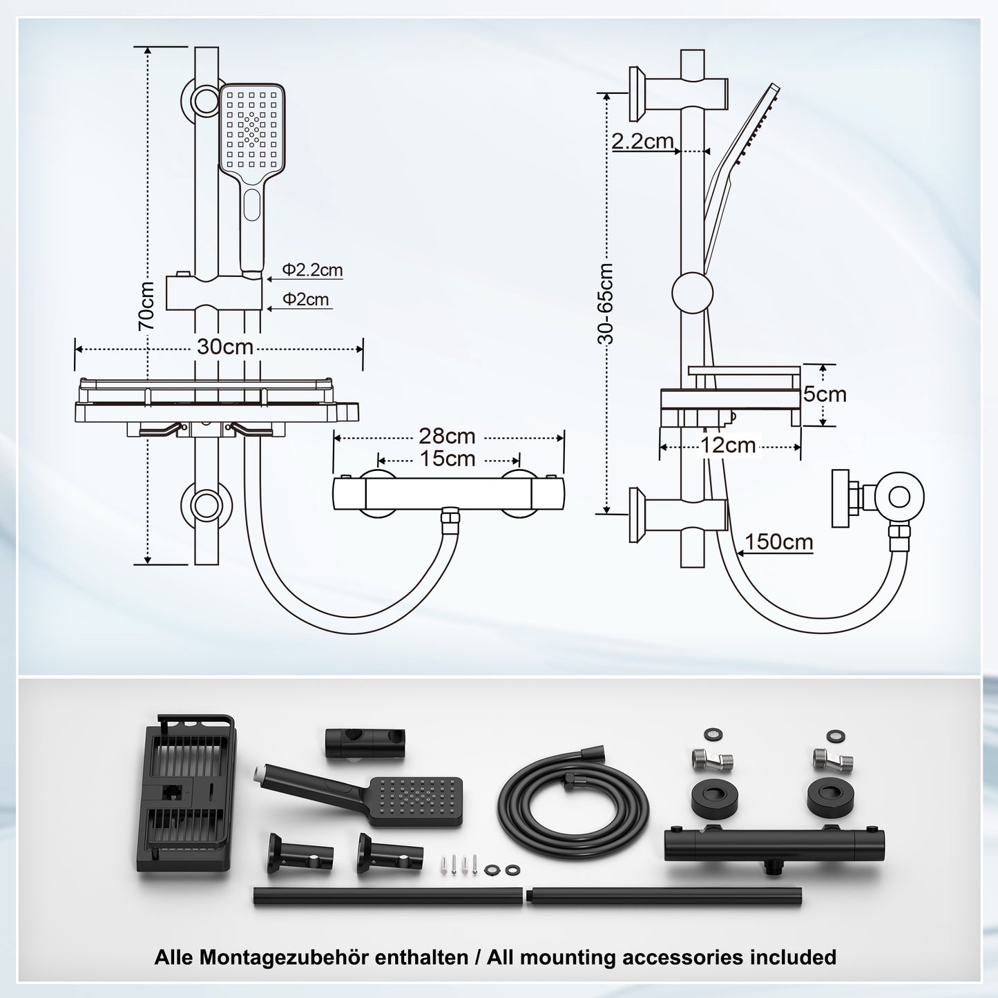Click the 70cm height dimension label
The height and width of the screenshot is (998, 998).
(146, 306)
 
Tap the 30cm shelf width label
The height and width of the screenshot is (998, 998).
(225, 347)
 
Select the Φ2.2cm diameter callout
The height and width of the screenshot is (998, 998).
(312, 270)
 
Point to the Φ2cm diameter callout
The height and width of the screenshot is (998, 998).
(306, 300)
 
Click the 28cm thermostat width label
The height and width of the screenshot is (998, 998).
(447, 436)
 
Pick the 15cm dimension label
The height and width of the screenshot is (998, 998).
(447, 459)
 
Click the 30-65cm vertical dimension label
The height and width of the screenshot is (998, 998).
(606, 304)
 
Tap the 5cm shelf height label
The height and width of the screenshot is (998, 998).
(824, 394)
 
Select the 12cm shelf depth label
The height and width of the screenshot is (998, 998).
(728, 445)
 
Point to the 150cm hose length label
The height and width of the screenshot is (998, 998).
(778, 542)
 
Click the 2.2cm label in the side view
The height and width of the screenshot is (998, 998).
(642, 141)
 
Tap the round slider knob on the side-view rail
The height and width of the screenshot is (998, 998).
(692, 292)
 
